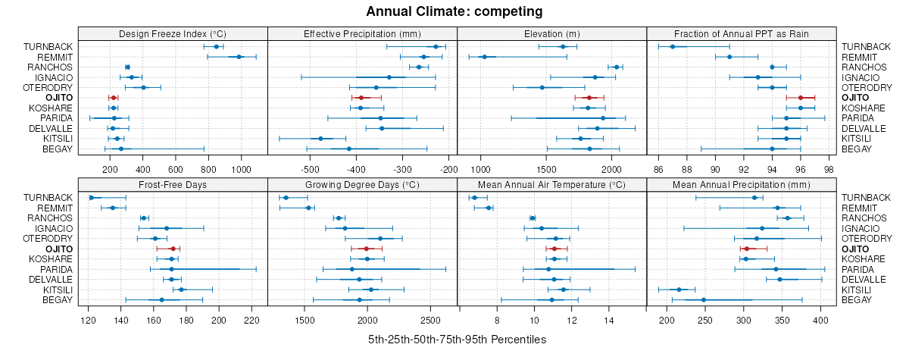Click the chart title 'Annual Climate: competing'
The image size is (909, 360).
(454, 11)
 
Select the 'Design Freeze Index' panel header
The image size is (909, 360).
(173, 34)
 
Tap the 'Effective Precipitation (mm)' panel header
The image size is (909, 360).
(362, 34)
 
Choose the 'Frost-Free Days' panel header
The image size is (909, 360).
(173, 184)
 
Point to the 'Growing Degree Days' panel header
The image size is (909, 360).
(362, 184)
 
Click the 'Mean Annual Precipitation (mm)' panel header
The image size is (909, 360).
(742, 184)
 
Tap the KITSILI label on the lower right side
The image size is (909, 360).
(860, 290)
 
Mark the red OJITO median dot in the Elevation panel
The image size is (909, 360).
(589, 98)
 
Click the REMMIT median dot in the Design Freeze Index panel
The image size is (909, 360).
(239, 57)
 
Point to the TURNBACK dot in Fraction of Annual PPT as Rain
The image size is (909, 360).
(672, 47)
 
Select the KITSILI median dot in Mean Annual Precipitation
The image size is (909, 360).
(679, 290)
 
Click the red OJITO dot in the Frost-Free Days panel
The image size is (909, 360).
(173, 249)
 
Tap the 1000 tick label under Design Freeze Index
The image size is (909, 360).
(241, 169)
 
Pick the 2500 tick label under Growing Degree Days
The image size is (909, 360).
(430, 320)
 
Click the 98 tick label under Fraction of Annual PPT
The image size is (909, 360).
(829, 169)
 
